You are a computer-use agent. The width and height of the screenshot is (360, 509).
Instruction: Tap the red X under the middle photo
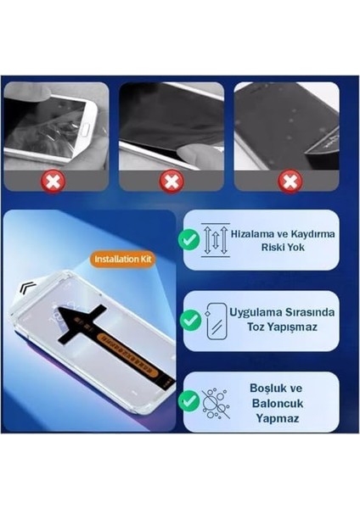172,181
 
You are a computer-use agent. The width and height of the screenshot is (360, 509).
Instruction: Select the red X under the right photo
290,181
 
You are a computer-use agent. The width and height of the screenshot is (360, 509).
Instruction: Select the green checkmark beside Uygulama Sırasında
191,320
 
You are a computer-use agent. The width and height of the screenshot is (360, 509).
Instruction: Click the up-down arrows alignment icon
216,239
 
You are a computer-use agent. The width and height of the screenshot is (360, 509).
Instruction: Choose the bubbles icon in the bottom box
216,400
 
